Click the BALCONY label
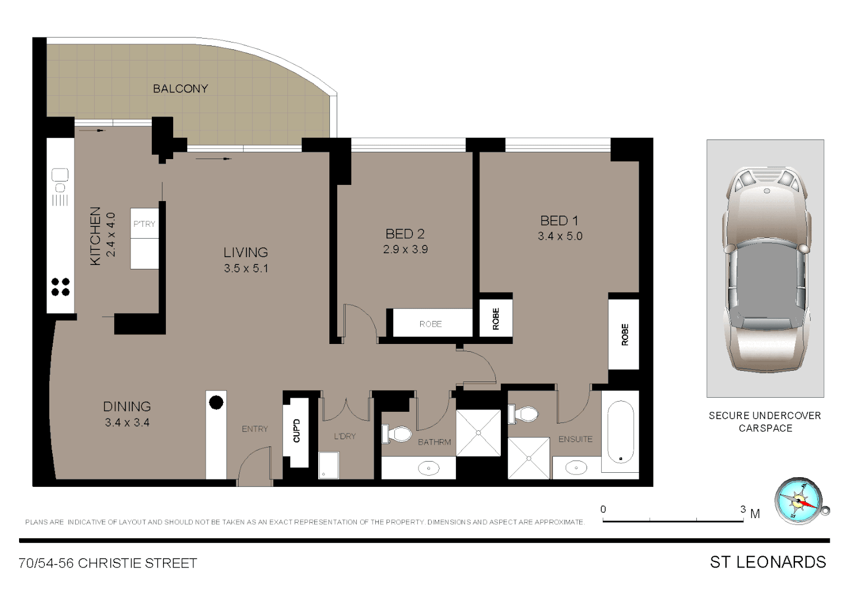click(x=180, y=89)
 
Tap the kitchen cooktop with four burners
click(x=61, y=287)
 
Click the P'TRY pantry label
click(x=144, y=224)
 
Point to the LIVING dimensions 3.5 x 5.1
click(x=246, y=268)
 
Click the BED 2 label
click(x=404, y=234)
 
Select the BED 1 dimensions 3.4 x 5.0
click(x=560, y=236)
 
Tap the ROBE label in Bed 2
click(x=430, y=324)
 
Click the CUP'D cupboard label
click(x=297, y=430)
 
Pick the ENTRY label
click(x=255, y=429)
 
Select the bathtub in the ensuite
click(x=620, y=432)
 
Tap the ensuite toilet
click(x=524, y=415)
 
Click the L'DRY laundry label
click(x=345, y=436)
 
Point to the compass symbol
click(x=798, y=500)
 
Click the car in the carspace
click(x=766, y=269)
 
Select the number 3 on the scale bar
click(x=743, y=509)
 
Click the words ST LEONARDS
click(x=767, y=562)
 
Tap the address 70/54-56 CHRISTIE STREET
click(x=108, y=563)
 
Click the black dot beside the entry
click(x=216, y=402)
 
